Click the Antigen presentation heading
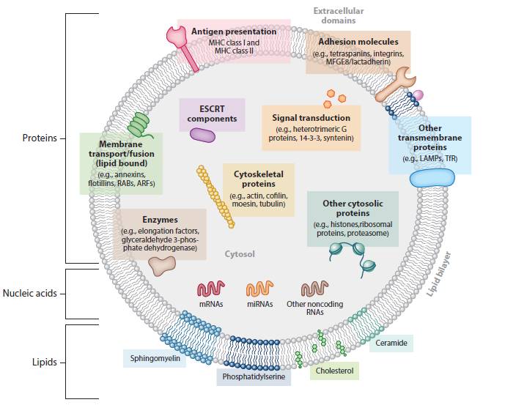234,31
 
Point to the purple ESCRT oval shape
203,134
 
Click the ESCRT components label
212,114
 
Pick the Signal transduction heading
311,117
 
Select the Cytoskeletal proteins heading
258,179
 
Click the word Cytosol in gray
240,254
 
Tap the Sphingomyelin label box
155,359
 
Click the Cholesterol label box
334,371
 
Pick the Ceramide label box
391,342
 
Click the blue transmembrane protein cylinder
432,179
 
